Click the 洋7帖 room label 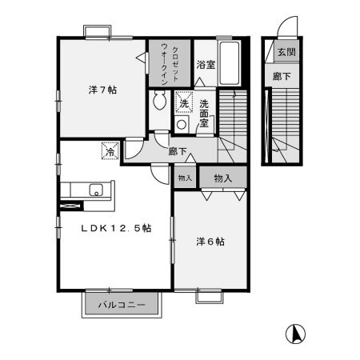102,90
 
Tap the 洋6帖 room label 210,241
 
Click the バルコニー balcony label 122,305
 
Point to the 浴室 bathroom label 206,66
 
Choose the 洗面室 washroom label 206,107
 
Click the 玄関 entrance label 286,52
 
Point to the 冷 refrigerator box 108,149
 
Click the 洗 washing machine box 184,103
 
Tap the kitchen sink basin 97,190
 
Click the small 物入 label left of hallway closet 184,178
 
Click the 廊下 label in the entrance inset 282,77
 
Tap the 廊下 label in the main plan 178,150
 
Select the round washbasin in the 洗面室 182,124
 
